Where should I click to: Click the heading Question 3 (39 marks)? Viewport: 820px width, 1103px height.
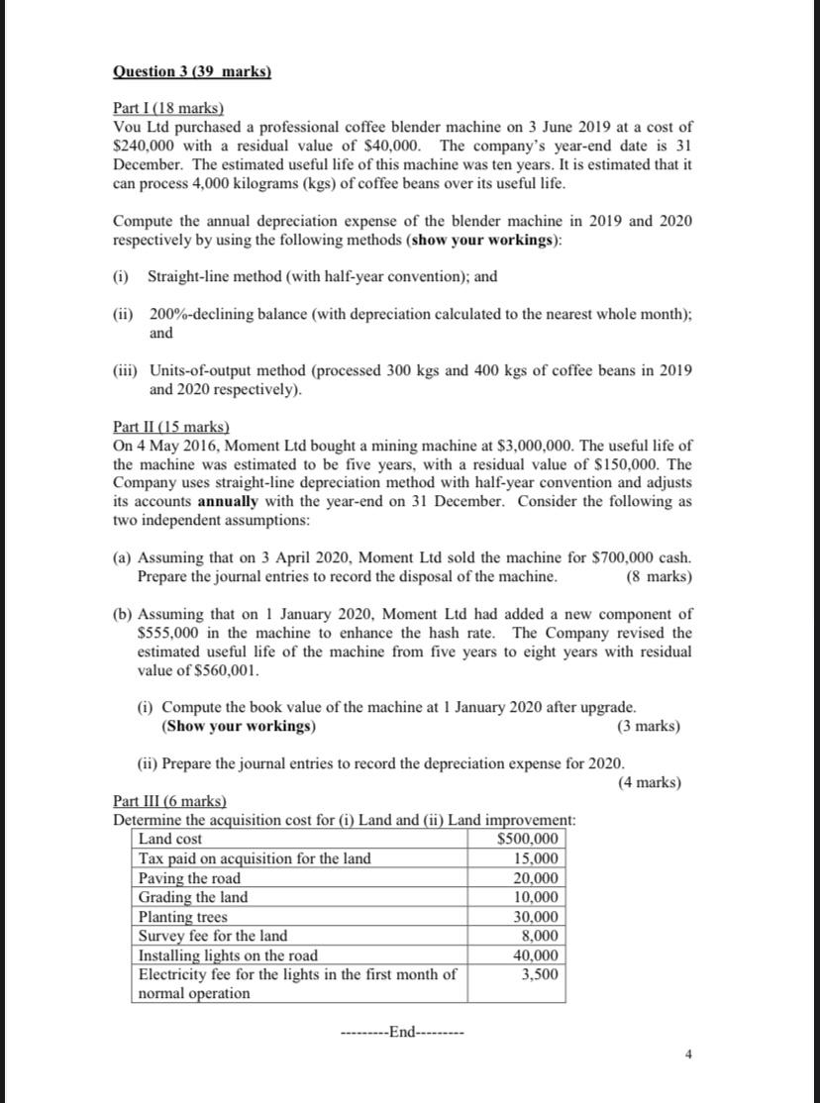point(192,72)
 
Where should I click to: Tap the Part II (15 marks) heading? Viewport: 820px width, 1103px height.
point(171,427)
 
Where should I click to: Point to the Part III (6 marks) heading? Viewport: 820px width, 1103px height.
point(169,801)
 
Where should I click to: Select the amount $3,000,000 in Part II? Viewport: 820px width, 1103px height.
point(551,446)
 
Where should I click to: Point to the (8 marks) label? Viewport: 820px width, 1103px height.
point(660,576)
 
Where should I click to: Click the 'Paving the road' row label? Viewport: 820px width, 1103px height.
point(189,878)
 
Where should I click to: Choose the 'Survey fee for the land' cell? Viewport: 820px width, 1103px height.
point(213,936)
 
